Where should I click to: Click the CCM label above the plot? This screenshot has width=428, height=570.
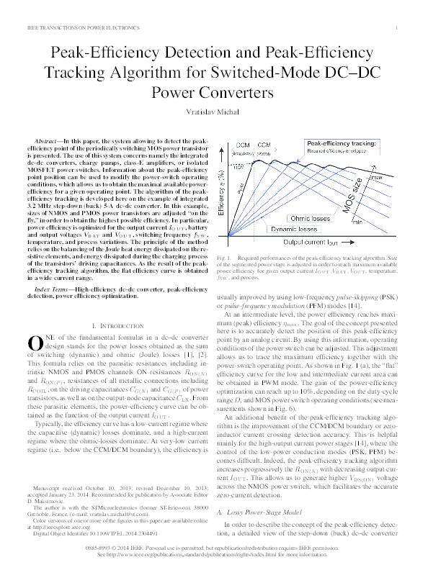[x=264, y=145]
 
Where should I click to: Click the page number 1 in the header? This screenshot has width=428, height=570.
[x=398, y=28]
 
